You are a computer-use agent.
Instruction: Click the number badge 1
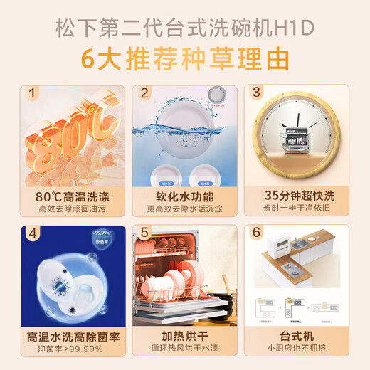[x=31, y=92]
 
